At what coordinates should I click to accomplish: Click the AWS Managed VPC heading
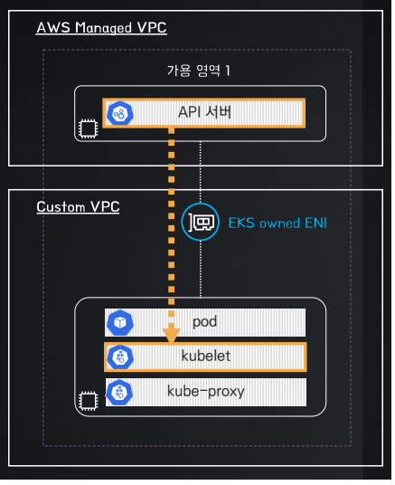pyautogui.click(x=101, y=28)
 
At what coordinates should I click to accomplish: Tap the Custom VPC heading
pyautogui.click(x=78, y=207)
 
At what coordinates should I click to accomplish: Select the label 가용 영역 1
pyautogui.click(x=199, y=71)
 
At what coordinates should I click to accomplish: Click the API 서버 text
pyautogui.click(x=204, y=112)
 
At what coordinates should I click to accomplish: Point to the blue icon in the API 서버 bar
pyautogui.click(x=120, y=113)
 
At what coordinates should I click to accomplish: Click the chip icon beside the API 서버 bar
pyautogui.click(x=88, y=129)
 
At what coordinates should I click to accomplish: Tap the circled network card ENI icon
pyautogui.click(x=201, y=222)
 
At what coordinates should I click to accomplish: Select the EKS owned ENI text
pyautogui.click(x=277, y=223)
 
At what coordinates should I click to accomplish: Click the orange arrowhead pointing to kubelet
pyautogui.click(x=171, y=335)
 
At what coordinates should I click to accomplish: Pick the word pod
pyautogui.click(x=204, y=322)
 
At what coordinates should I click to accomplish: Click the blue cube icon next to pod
pyautogui.click(x=120, y=323)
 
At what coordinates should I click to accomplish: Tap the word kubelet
pyautogui.click(x=206, y=356)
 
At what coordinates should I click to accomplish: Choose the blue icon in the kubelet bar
pyautogui.click(x=120, y=357)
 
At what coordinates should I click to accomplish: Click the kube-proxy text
pyautogui.click(x=206, y=392)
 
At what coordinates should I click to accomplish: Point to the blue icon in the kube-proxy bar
pyautogui.click(x=119, y=392)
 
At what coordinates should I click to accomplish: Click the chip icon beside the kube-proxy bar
pyautogui.click(x=89, y=401)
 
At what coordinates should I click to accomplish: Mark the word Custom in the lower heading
pyautogui.click(x=61, y=207)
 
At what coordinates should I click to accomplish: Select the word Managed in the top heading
pyautogui.click(x=104, y=28)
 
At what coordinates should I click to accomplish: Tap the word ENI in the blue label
pyautogui.click(x=315, y=223)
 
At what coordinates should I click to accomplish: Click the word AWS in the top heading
pyautogui.click(x=53, y=27)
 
